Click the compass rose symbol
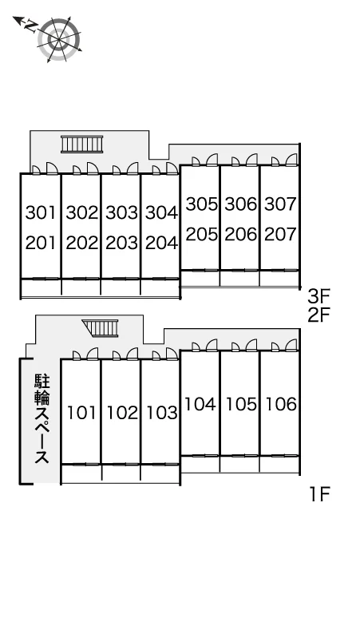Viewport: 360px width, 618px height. (x=60, y=40)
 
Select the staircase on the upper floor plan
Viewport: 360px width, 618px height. (x=82, y=145)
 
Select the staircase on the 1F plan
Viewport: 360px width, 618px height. (x=101, y=328)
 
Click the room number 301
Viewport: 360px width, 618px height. (x=41, y=212)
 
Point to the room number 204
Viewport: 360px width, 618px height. (x=161, y=243)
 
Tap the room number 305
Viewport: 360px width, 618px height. (x=202, y=204)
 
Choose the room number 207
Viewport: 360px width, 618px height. (x=280, y=234)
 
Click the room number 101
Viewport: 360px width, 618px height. (x=81, y=413)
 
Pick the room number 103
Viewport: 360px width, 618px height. (x=162, y=413)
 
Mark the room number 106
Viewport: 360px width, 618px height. (x=281, y=404)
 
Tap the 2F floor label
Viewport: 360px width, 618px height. (x=318, y=315)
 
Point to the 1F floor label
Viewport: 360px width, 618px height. (x=319, y=494)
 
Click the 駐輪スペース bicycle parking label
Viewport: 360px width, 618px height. (x=42, y=418)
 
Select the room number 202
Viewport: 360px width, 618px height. (x=82, y=243)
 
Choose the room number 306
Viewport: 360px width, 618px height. (x=240, y=204)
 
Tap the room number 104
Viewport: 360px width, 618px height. (x=200, y=404)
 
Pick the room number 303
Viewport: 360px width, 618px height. (x=121, y=212)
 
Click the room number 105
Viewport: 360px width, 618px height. (x=241, y=404)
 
